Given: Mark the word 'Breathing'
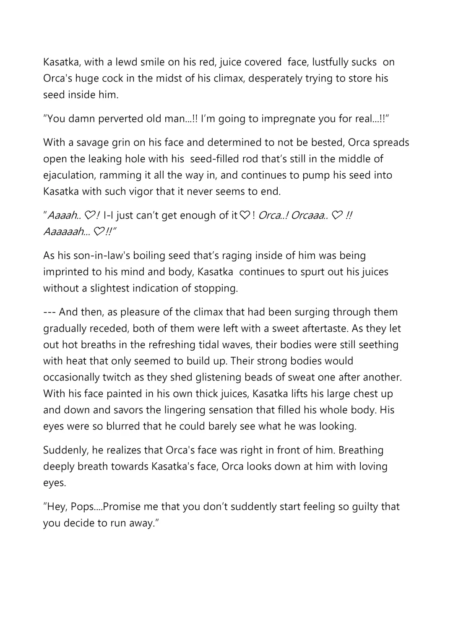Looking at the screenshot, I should point(361,451).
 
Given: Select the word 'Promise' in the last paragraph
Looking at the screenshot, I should point(122,507).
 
